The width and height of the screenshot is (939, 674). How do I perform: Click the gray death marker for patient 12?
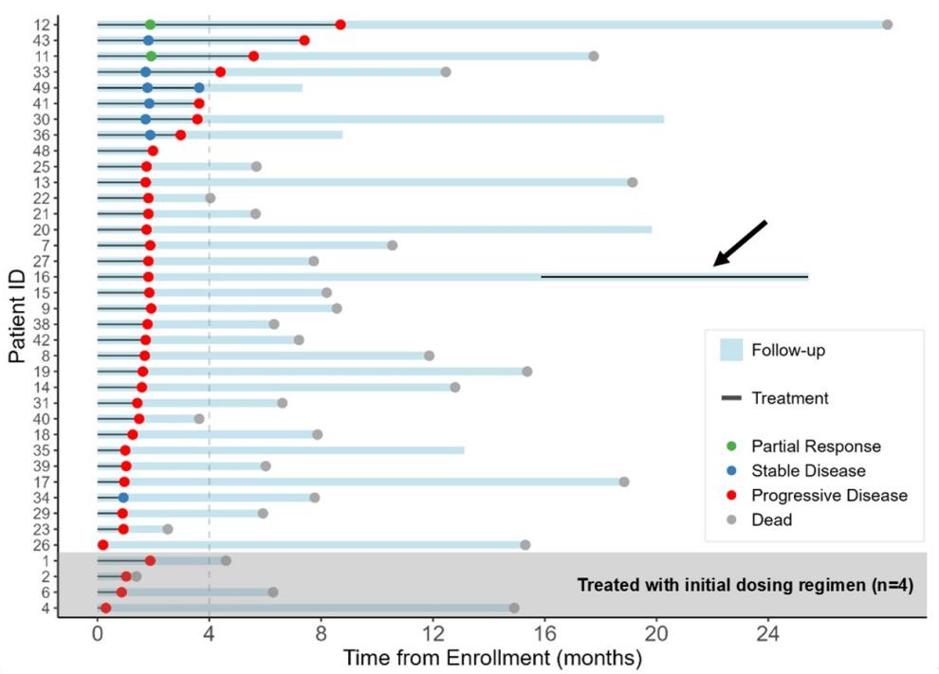[887, 25]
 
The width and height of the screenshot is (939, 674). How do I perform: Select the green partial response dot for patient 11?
[151, 56]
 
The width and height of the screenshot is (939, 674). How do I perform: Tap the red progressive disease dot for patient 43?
[304, 41]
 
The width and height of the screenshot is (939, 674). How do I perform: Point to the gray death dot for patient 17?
[624, 482]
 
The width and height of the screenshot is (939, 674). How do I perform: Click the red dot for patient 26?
[103, 545]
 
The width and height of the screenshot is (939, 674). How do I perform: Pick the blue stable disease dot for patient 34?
[123, 498]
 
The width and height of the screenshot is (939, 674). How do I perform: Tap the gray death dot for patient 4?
[514, 608]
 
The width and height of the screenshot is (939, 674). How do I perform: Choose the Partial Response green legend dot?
[730, 446]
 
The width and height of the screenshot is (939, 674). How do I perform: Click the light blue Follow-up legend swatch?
[730, 350]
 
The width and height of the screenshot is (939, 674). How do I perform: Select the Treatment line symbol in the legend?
[730, 398]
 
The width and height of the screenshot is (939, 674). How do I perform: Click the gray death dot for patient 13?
[633, 182]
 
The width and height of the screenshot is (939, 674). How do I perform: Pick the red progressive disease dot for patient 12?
[341, 25]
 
